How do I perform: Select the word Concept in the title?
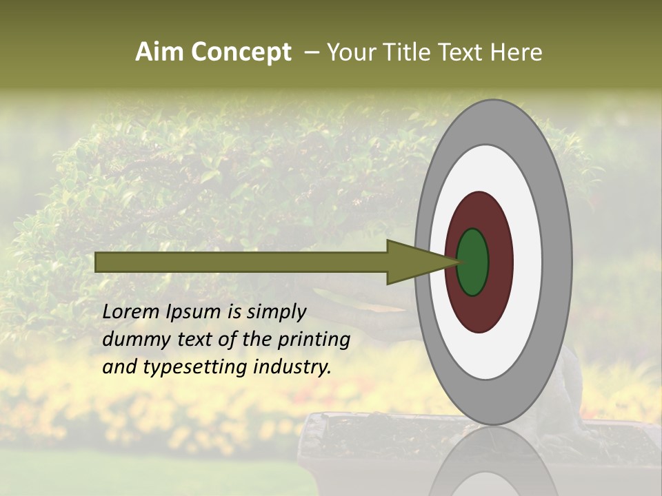click(242, 53)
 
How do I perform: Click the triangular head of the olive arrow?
click(414, 262)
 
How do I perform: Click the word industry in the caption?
click(292, 367)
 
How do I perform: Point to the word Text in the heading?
click(463, 52)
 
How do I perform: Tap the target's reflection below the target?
click(493, 462)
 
